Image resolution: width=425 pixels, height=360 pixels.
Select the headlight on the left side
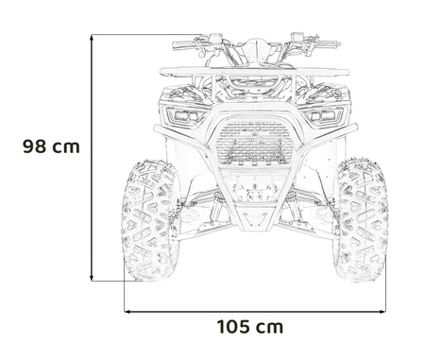click(183, 115)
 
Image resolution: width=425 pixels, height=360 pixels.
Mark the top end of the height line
click(92, 35)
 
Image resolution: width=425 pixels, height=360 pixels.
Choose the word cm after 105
click(268, 327)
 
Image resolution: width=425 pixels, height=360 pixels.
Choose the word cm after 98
click(64, 146)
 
